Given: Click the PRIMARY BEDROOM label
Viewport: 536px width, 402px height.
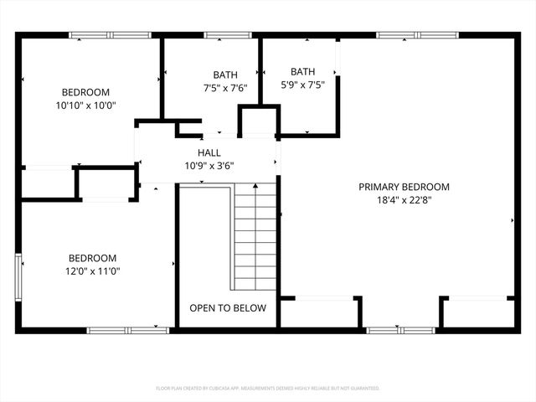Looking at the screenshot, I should coord(405,187).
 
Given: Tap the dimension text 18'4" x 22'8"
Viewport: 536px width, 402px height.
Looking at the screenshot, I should coord(405,200).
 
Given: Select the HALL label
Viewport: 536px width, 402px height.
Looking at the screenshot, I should coord(209,152).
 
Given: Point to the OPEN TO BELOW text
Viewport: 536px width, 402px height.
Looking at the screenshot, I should coord(228,308).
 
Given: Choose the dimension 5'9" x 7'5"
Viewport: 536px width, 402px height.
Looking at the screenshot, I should coord(302,84).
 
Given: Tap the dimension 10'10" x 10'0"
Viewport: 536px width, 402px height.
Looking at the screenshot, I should coord(85,106).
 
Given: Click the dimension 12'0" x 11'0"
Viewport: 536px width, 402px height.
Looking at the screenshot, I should coord(93,271).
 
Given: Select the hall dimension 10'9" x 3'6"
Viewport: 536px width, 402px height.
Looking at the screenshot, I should coord(209,165).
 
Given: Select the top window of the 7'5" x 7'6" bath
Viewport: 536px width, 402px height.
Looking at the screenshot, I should coord(222,35).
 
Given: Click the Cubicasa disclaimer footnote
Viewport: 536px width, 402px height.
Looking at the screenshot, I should coord(268,389).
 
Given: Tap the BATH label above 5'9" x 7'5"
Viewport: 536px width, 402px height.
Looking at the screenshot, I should coord(302,71).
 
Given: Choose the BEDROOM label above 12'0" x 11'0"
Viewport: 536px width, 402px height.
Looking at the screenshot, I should coord(93,258).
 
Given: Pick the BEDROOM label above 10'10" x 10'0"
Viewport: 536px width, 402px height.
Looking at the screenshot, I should coord(85,92).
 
